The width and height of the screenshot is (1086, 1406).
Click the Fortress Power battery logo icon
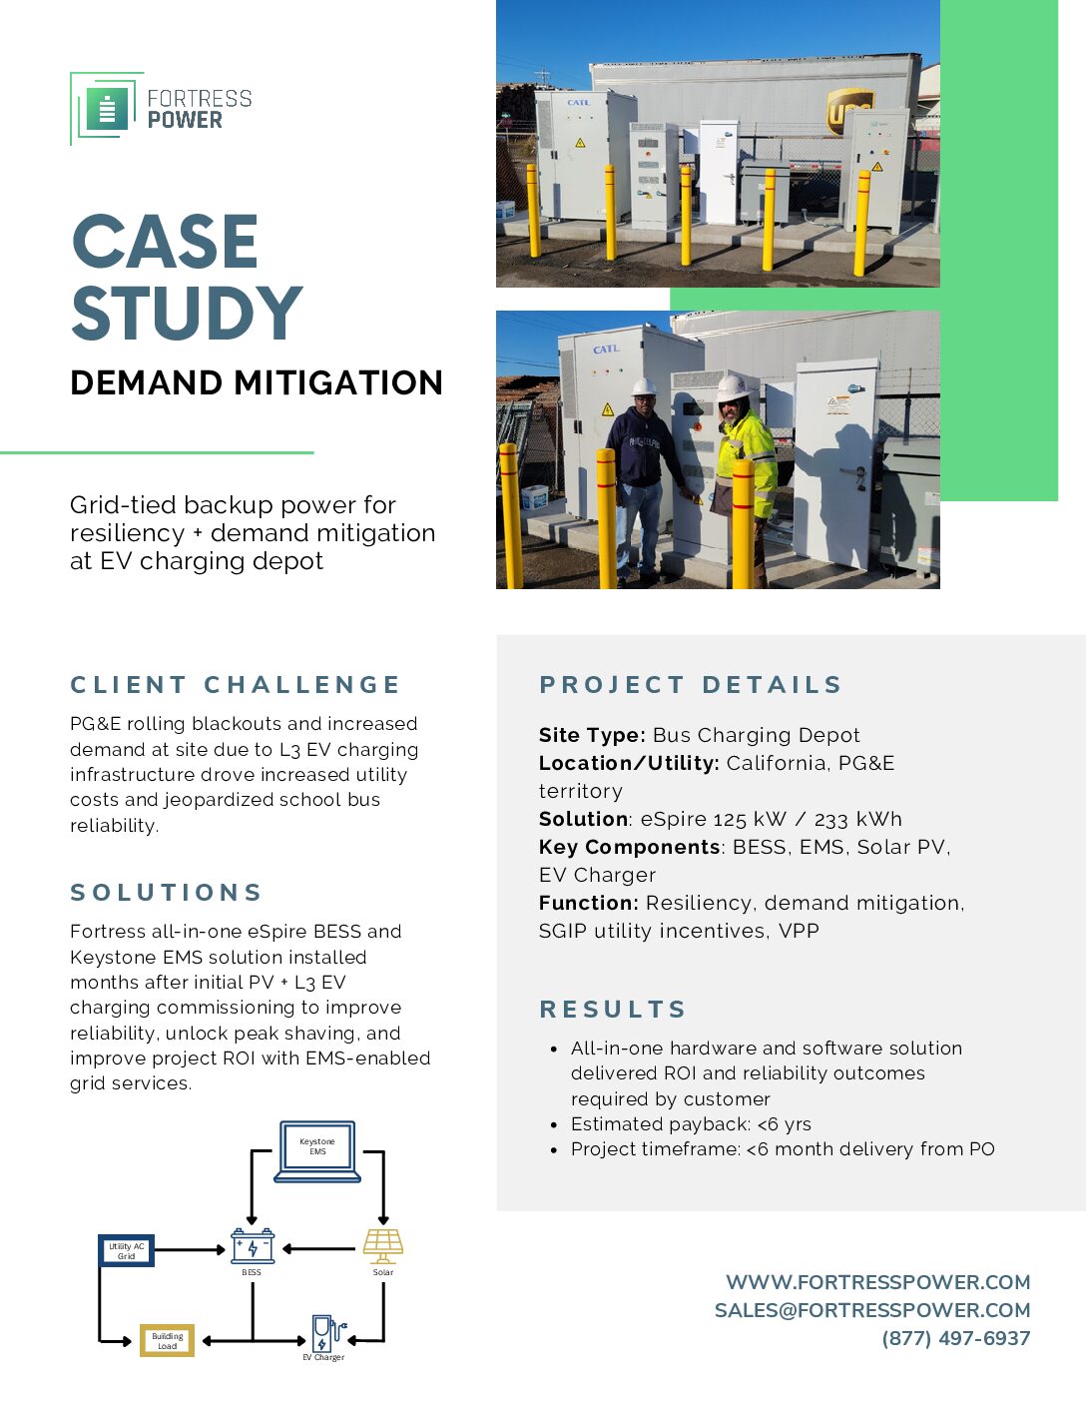(x=107, y=108)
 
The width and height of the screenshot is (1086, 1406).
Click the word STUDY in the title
(x=187, y=314)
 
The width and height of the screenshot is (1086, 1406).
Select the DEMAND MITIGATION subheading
(x=257, y=382)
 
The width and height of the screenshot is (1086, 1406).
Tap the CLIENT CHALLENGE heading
(x=235, y=685)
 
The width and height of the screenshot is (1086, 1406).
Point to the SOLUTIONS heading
(x=166, y=892)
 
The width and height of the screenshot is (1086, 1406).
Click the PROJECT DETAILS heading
(x=691, y=685)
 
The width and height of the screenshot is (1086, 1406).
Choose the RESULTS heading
(x=613, y=1010)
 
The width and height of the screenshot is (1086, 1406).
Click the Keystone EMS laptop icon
(x=317, y=1151)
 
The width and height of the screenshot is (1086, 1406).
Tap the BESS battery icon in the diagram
(x=253, y=1246)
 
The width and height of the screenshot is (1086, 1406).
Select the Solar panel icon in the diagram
(x=383, y=1246)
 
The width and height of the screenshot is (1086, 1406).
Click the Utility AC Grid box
(x=127, y=1250)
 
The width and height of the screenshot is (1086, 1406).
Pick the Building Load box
(x=167, y=1340)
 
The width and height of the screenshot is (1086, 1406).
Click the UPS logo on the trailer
(x=848, y=111)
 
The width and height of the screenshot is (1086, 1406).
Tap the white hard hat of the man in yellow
(x=733, y=386)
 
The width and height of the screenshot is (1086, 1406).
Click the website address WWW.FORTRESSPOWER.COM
(x=877, y=1282)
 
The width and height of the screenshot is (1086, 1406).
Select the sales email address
(x=872, y=1310)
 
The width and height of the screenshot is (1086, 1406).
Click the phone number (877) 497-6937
(x=955, y=1338)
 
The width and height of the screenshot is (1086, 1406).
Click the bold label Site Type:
(x=592, y=735)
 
